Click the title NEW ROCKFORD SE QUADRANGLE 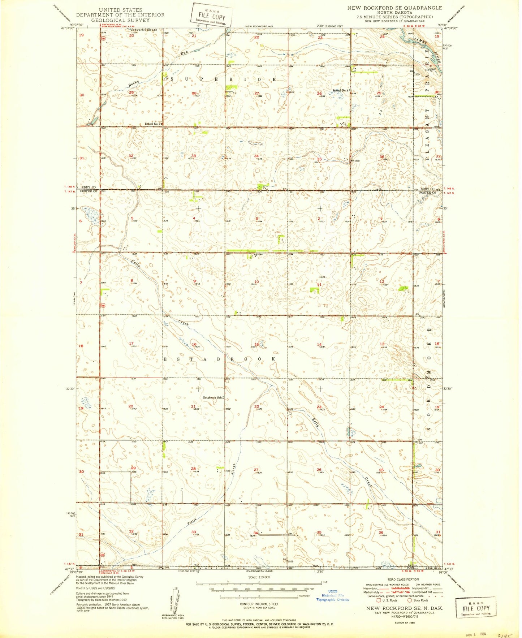pos(394,8)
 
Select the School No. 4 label pos(341,90)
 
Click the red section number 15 pos(256,344)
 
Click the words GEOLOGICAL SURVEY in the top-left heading pos(120,20)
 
